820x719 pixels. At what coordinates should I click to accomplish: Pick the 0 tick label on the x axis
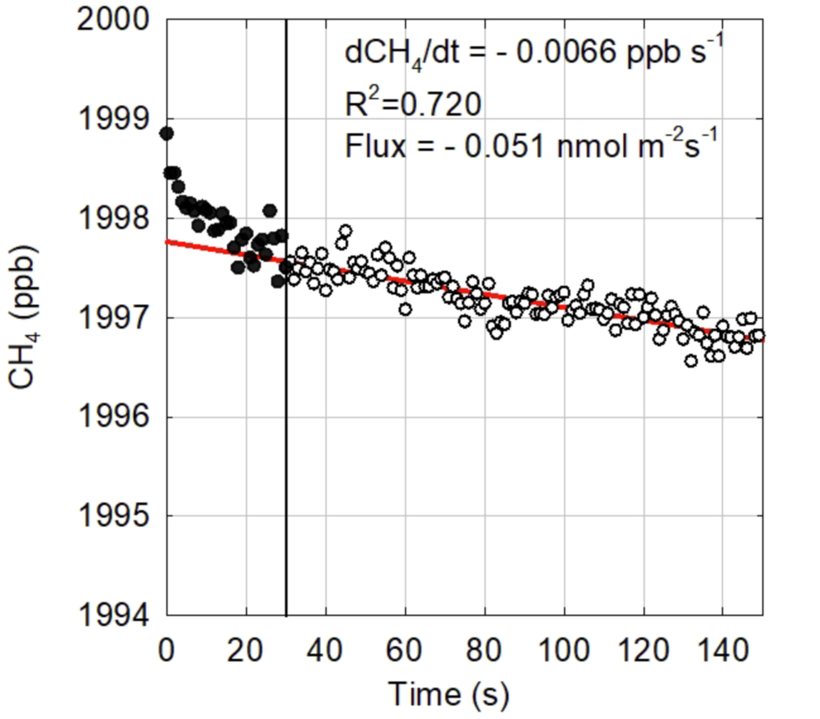166,650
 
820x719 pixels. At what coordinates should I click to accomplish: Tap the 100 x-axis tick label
563,650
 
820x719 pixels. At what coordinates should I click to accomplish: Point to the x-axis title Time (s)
449,694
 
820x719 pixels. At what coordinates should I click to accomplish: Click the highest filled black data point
167,133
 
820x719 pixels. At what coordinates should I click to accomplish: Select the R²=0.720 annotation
413,104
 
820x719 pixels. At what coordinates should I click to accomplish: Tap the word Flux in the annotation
375,146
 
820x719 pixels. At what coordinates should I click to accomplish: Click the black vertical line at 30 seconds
286,440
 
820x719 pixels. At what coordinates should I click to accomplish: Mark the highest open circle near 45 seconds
345,231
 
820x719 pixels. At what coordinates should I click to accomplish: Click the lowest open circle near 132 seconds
691,361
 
